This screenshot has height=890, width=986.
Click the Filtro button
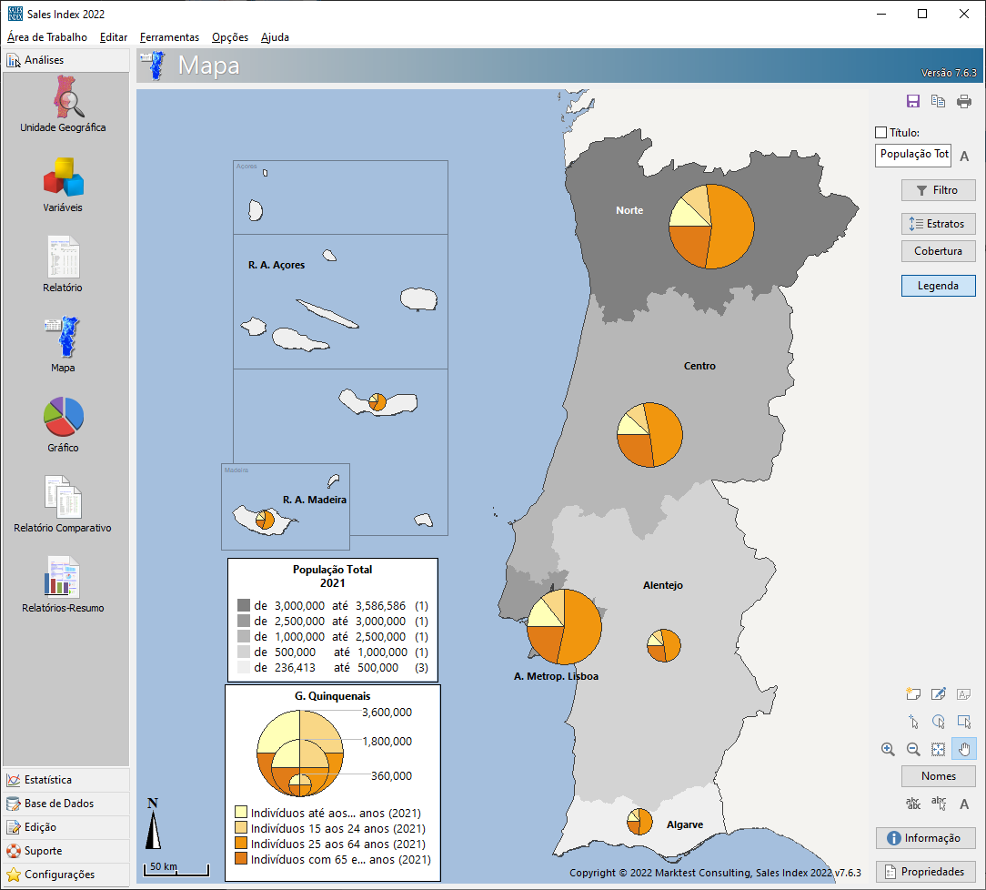[938, 190]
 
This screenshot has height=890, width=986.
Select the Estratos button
[938, 223]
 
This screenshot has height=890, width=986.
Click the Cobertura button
[938, 251]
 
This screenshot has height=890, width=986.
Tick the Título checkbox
[880, 133]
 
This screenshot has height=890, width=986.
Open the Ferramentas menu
[169, 37]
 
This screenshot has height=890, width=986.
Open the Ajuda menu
[275, 37]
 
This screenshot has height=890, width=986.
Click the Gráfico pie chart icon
[64, 416]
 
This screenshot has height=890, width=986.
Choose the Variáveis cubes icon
[64, 177]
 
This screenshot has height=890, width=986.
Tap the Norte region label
[629, 210]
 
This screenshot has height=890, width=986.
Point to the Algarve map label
[685, 824]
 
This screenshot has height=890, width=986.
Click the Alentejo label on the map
[662, 585]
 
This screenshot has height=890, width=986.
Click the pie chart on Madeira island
[265, 520]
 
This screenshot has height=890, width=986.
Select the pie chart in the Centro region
[649, 435]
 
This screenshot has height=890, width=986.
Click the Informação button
[925, 838]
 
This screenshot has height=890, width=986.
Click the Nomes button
[938, 776]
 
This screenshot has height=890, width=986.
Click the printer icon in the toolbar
[964, 102]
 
